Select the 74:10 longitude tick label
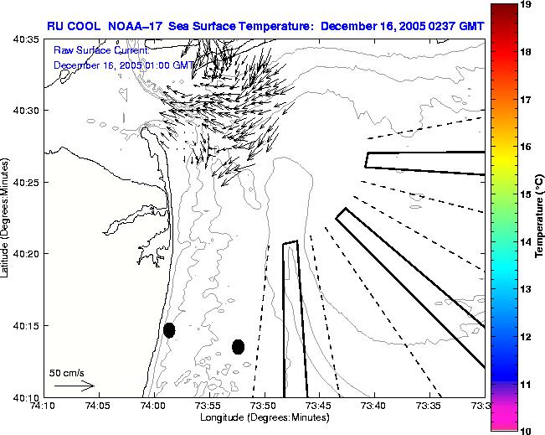coord(44,406)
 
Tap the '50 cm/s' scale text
coord(66,372)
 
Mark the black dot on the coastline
coord(169,330)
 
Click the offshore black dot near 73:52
coord(239,346)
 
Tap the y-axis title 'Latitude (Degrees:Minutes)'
coord(7,217)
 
